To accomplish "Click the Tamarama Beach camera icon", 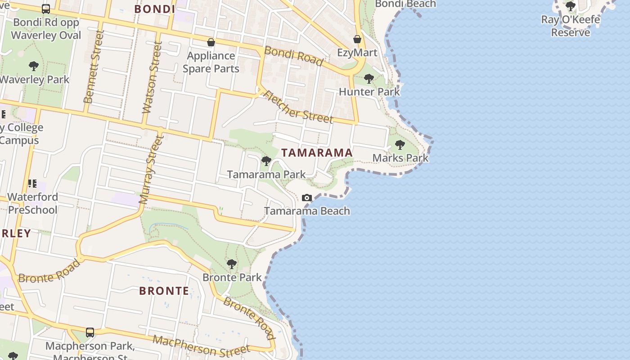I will pos(307,198).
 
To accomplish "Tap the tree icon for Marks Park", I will pos(400,145).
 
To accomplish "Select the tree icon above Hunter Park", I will pos(369,79).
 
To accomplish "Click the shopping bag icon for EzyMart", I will pos(357,40).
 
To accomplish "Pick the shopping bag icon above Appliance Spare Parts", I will pos(211,43).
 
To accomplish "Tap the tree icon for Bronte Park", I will pos(232,264).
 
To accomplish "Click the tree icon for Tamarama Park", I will pos(266,161).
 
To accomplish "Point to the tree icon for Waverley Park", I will pos(33,67).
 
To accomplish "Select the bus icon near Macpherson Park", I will pos(90,333).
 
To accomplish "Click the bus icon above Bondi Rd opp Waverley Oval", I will pos(46,9).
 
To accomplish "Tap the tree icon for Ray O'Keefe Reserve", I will pos(570,6).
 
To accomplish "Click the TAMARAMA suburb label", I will pos(317,153).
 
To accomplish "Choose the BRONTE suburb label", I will pos(164,291).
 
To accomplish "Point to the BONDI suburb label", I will pos(154,9).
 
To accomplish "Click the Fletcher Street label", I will pos(298,107).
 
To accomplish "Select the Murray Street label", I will pos(151,171).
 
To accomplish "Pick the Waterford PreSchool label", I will pos(32,203).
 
